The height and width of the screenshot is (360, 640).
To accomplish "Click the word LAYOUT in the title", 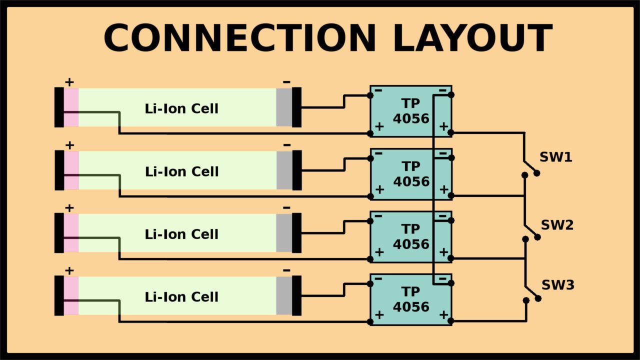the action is [x=473, y=38].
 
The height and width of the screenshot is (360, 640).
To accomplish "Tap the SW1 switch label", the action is [x=555, y=157].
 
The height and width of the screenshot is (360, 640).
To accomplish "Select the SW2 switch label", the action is [x=557, y=225].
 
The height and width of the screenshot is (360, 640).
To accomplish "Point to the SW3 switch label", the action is [x=558, y=285].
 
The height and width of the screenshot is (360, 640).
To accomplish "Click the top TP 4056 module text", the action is [x=411, y=111].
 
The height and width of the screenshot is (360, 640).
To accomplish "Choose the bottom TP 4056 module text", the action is [x=411, y=299].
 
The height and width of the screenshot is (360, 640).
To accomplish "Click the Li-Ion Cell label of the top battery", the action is [x=181, y=109].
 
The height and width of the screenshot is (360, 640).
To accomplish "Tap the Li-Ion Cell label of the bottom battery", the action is [x=181, y=297].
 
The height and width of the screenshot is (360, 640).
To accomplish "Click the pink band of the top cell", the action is [x=71, y=107].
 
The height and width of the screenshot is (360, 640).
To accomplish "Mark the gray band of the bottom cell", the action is [x=284, y=295].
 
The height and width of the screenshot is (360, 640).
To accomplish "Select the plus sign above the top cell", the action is [x=69, y=82].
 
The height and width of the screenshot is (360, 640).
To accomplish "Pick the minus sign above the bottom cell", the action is [x=286, y=270].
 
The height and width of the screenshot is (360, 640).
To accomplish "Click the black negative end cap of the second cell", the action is [x=297, y=170].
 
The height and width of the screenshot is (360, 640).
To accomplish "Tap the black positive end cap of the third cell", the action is [x=59, y=233].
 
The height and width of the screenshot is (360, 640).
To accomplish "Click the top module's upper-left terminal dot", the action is [x=370, y=95].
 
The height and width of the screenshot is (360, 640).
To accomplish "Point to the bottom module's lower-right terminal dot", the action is [x=450, y=321].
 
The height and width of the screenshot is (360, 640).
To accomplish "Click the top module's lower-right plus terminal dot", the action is [x=450, y=132].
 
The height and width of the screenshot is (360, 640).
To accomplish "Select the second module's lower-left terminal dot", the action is [x=370, y=196].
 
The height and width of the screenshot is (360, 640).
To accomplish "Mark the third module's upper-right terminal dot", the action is [x=451, y=220].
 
